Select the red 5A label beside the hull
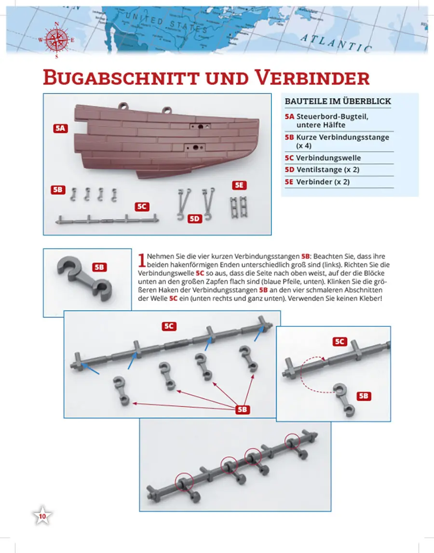click(61, 129)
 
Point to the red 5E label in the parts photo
click(239, 185)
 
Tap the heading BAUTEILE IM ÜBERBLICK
click(338, 101)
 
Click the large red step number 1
click(141, 260)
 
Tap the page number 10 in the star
click(42, 517)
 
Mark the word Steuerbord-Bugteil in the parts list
click(327, 117)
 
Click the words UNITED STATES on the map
click(166, 24)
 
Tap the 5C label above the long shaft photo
click(168, 326)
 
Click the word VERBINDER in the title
click(313, 78)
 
